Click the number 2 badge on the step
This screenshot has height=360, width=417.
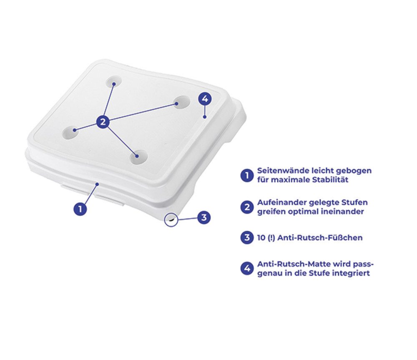[103, 122]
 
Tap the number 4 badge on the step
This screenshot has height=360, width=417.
[205, 99]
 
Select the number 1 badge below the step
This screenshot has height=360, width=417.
[80, 209]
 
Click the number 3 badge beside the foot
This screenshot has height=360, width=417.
[204, 217]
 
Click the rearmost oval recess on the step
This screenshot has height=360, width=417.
[113, 81]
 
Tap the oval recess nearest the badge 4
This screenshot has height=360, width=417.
[182, 102]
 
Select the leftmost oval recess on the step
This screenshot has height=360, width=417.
[70, 132]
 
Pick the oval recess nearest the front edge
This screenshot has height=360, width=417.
[138, 157]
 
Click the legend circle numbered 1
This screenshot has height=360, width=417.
[247, 175]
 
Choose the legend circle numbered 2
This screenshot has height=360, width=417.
[247, 207]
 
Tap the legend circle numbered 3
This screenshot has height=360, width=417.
[247, 237]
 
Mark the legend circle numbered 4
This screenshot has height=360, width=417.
[247, 269]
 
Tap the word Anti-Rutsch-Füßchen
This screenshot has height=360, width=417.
[320, 237]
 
